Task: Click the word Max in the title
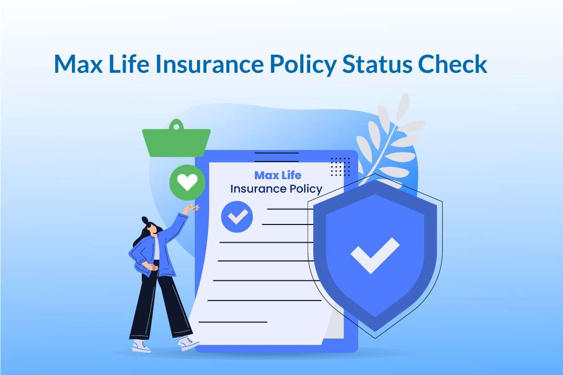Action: [78, 64]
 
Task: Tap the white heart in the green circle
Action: [187, 182]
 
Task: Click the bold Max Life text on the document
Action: [277, 175]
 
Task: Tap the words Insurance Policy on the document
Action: [276, 189]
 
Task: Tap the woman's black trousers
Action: [159, 307]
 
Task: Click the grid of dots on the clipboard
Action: [340, 166]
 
